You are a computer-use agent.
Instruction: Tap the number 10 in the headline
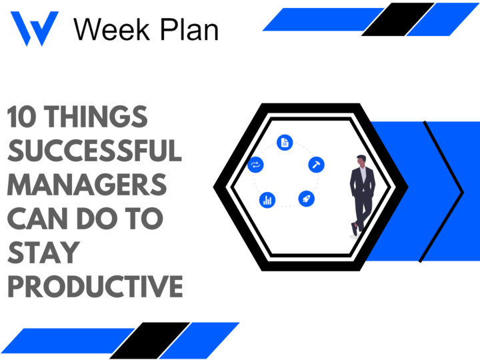tap(21, 118)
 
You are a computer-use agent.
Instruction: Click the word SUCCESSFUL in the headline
tap(94, 151)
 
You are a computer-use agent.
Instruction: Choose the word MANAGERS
tap(87, 185)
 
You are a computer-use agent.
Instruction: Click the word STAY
tap(43, 253)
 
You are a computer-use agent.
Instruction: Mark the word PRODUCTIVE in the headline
tap(94, 287)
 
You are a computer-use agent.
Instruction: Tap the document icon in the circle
tap(285, 142)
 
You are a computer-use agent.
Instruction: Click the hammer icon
tap(315, 165)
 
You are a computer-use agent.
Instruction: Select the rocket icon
tap(306, 198)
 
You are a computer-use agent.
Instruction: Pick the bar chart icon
tap(267, 199)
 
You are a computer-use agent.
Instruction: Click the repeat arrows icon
tap(255, 165)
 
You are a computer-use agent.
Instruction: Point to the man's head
tap(362, 161)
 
